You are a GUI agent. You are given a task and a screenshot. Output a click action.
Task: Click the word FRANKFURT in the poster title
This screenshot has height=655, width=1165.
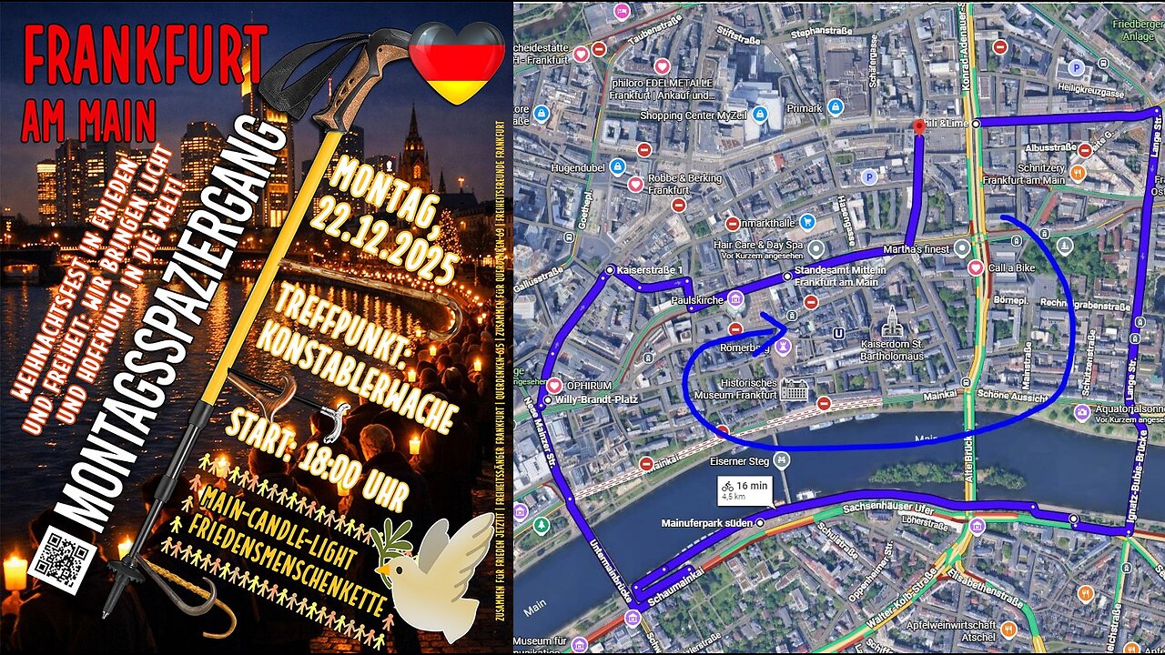pyautogui.click(x=146, y=55)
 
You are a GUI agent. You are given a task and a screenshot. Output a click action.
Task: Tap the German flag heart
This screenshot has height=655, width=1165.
pyautogui.click(x=457, y=61)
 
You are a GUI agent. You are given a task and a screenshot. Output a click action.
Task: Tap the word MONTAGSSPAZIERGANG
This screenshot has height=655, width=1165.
pyautogui.click(x=173, y=327)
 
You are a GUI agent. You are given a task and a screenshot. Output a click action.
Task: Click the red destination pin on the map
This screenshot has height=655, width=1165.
pyautogui.click(x=918, y=127)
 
